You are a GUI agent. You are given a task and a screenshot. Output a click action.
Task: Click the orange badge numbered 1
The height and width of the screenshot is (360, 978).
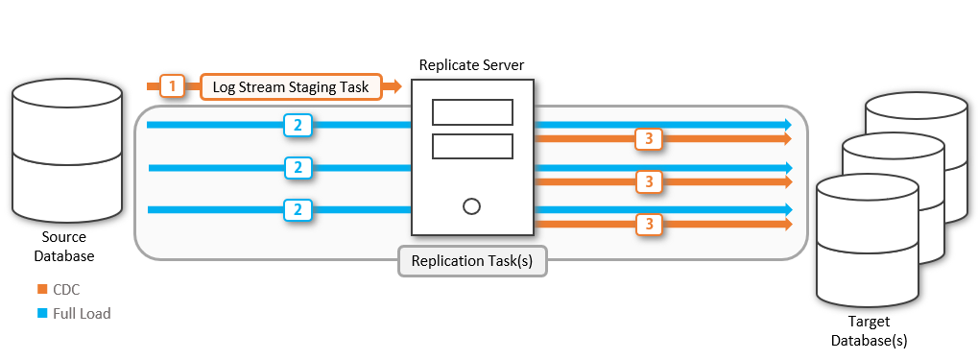coord(172,87)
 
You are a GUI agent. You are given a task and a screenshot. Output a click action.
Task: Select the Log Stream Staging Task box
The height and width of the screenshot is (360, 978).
coord(291,87)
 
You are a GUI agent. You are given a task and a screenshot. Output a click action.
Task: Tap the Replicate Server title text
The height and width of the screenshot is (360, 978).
coord(471,64)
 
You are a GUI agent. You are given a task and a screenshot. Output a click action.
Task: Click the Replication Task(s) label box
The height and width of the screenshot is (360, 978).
coord(472,261)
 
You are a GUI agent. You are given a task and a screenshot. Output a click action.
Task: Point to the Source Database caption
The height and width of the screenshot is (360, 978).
coord(64,247)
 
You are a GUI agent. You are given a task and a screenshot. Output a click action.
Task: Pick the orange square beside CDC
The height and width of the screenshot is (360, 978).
coord(41,289)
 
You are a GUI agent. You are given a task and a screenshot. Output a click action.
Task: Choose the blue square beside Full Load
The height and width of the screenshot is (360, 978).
coord(41,313)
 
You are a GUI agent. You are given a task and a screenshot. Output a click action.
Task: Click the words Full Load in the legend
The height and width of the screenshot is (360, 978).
coord(83,313)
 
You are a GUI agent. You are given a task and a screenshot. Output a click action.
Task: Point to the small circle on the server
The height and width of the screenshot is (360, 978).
coord(471,205)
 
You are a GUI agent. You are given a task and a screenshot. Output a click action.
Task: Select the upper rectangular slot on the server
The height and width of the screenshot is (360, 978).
coord(471,112)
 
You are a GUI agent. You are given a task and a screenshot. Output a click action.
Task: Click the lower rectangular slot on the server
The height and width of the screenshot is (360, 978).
coord(471,147)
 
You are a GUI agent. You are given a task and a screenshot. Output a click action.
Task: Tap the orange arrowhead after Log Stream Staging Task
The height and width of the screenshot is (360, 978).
coord(394,87)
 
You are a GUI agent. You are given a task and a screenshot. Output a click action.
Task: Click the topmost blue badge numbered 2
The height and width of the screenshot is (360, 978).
coord(298,125)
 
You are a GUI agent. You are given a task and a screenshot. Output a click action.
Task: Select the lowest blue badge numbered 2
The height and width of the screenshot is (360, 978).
coord(298,208)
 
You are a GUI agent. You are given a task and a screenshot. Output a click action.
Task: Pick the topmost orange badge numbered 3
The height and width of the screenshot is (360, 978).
coord(650,139)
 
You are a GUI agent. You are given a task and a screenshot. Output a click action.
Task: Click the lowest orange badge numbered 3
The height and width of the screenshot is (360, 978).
coord(650,224)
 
